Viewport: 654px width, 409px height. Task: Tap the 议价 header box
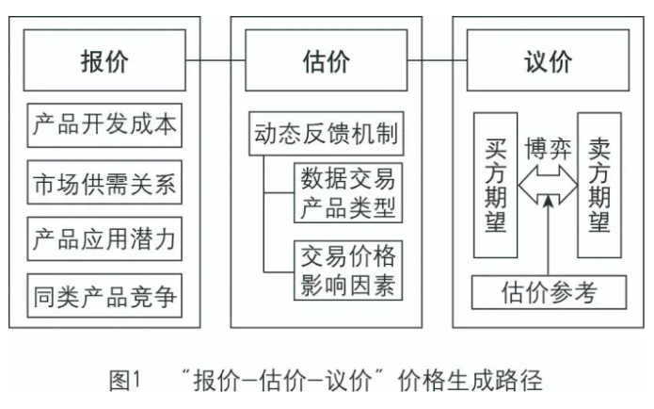549,62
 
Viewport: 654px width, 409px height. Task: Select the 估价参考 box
549,291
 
